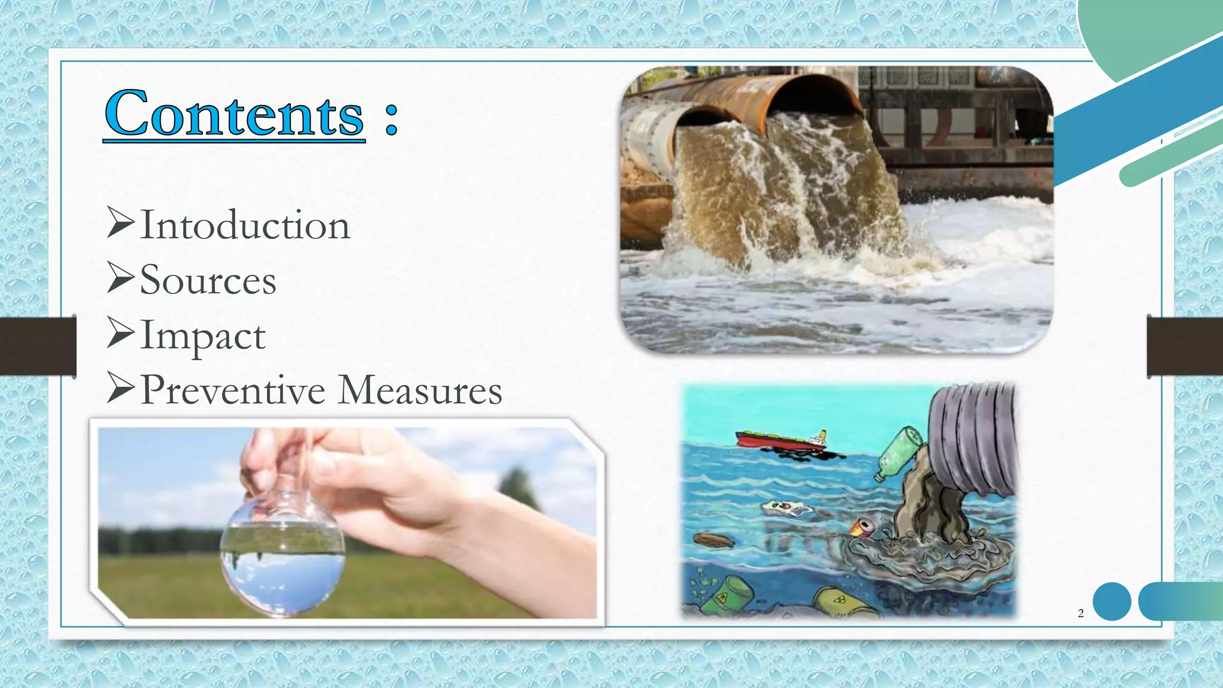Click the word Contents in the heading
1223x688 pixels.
[234, 113]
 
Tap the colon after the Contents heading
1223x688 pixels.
[391, 118]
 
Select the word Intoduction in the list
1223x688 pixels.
[245, 226]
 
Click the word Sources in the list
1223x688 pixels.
[208, 280]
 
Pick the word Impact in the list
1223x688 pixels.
[203, 336]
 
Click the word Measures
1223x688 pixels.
[420, 390]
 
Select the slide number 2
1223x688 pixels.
[1081, 613]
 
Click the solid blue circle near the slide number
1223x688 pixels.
[1112, 601]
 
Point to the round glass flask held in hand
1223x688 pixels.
[282, 549]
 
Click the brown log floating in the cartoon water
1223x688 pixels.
[714, 540]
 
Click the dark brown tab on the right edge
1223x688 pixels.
[1185, 346]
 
